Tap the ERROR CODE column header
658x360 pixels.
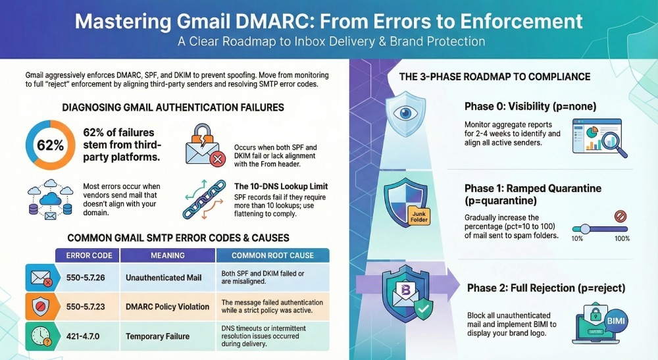89,255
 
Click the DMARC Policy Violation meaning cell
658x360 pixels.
167,306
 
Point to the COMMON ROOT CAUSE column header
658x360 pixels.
273,255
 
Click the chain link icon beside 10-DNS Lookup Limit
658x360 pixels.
201,201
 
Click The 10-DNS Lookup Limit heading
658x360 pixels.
282,186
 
